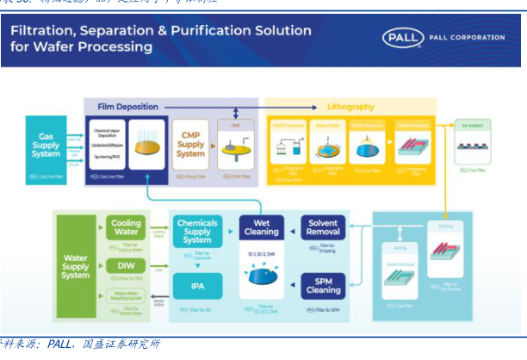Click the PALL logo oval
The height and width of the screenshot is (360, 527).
[401, 38]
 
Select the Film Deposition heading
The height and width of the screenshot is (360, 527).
[127, 107]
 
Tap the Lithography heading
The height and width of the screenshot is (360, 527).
[350, 107]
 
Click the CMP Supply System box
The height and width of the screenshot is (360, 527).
[190, 143]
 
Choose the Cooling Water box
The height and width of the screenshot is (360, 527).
[125, 228]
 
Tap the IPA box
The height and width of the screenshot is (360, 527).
[197, 282]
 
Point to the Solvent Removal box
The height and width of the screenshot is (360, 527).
[324, 227]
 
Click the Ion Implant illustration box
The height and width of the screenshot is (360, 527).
[473, 146]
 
